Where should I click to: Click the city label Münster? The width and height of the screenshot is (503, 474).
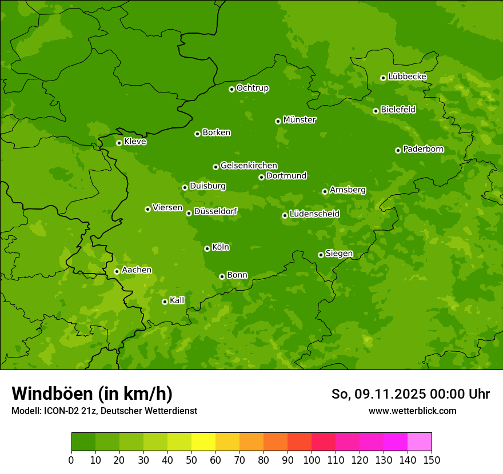click(x=300, y=120)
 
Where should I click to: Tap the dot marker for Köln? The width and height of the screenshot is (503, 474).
click(x=207, y=248)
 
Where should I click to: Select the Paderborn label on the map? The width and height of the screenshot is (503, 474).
click(x=424, y=149)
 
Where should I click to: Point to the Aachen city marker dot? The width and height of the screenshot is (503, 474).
click(x=117, y=271)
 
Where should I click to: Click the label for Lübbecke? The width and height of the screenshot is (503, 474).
click(x=407, y=77)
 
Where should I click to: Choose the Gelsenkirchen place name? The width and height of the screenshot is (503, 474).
click(x=249, y=166)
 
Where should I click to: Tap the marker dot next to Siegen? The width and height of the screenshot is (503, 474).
click(x=321, y=255)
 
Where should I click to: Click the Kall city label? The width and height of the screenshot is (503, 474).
click(x=177, y=300)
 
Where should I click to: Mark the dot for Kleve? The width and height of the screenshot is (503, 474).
click(x=119, y=143)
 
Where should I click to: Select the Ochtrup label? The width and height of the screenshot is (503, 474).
click(x=253, y=88)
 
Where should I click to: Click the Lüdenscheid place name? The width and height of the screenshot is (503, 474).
click(x=314, y=214)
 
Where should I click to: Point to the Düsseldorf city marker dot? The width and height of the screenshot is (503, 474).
click(x=189, y=213)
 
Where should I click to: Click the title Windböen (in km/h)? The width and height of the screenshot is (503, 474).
click(x=92, y=393)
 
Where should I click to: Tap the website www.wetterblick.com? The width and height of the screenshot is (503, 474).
click(x=412, y=411)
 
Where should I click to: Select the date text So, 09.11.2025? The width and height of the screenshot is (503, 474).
click(x=378, y=394)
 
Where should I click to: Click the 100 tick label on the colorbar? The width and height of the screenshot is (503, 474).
click(x=312, y=460)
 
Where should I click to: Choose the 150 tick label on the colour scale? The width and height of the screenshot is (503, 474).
click(x=432, y=460)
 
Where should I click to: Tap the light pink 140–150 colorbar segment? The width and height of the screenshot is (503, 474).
click(x=420, y=442)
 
